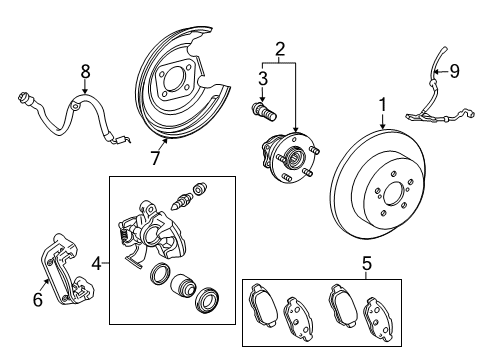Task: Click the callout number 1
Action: (381, 104)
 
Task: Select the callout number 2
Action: (281, 48)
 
